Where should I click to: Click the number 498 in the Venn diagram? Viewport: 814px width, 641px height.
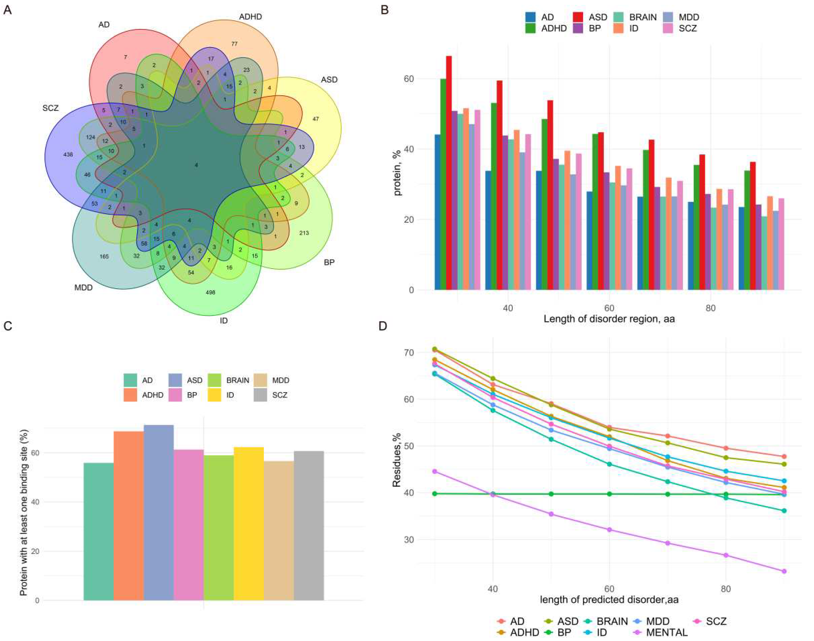point(210,292)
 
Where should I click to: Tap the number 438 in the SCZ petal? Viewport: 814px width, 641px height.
point(68,154)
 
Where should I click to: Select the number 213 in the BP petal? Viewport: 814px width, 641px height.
point(304,233)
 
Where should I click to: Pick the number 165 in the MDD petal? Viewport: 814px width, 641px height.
point(104,256)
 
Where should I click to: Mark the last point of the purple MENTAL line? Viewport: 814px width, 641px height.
point(784,571)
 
